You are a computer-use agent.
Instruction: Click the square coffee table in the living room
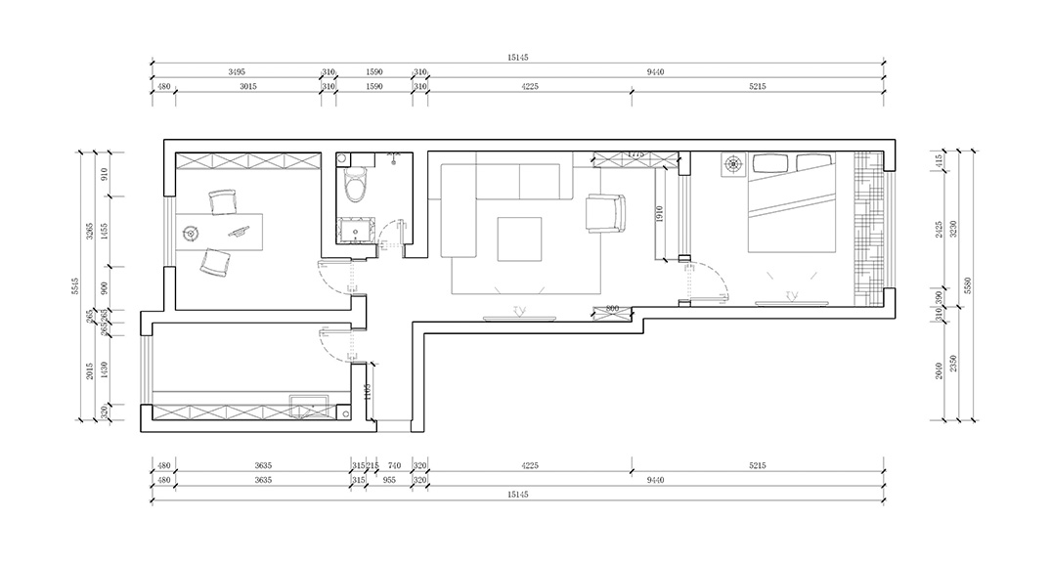coord(520,238)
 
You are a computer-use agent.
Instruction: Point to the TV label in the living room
coord(519,311)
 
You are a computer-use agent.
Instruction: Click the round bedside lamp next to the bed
coord(732,165)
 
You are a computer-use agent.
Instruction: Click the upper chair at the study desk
coord(223,201)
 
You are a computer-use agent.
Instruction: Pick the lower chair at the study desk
coord(213,262)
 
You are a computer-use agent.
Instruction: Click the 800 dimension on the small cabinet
coord(612,309)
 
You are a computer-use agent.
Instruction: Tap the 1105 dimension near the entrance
coord(366,393)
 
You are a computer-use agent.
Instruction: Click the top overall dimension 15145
coord(518,59)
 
